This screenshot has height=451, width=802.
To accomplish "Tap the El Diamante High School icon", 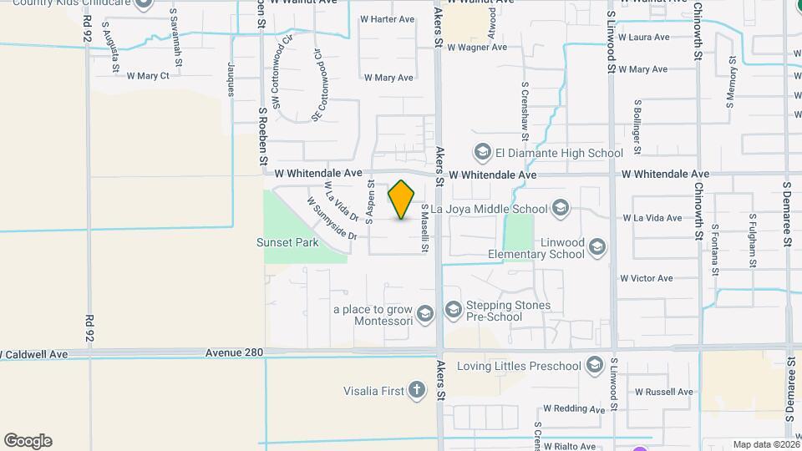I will coord(482,153).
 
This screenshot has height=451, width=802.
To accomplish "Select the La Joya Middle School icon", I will coord(561,209).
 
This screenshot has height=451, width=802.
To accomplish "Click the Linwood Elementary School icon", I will coord(596,247).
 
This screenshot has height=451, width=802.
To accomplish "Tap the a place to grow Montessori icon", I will coord(424,314).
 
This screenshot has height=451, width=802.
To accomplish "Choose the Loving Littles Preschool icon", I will coord(594,366).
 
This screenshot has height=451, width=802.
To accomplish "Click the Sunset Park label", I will coord(287,243).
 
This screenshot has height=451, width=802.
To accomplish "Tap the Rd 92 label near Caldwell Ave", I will coord(89,327).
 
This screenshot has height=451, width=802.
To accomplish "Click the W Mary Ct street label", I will coord(148,76).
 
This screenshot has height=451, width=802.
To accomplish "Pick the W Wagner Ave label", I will coord(477,48).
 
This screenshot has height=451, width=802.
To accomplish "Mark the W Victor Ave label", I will coord(646,278).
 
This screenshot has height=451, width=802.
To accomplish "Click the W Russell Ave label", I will coord(664,392).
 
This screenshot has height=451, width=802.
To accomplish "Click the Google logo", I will coord(28,441).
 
